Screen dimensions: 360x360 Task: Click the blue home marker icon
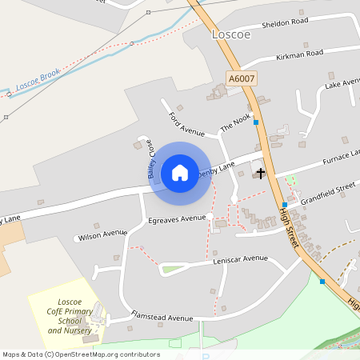(x=180, y=172)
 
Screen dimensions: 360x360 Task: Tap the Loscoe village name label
(x=231, y=34)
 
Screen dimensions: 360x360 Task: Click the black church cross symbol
(x=260, y=172)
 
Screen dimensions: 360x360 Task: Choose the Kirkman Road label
(x=298, y=54)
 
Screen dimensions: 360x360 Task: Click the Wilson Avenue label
(x=102, y=234)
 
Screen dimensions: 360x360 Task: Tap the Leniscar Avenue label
(x=240, y=259)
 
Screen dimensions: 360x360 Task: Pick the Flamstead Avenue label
(x=162, y=317)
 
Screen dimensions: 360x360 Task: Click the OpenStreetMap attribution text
(x=81, y=354)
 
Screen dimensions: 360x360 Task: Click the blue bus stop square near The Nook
(x=256, y=122)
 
